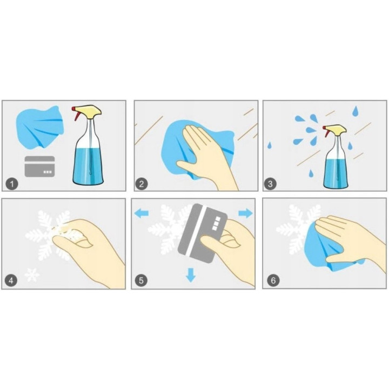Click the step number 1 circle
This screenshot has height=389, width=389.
pyautogui.click(x=12, y=184)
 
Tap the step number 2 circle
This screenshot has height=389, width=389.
pyautogui.click(x=142, y=184)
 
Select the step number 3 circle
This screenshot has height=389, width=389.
pyautogui.click(x=270, y=184)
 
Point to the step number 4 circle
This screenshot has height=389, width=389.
pyautogui.click(x=11, y=281)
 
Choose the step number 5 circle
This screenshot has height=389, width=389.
pyautogui.click(x=141, y=280)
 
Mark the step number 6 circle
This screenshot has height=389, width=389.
pyautogui.click(x=273, y=280)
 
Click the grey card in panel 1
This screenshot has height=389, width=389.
pyautogui.click(x=39, y=166)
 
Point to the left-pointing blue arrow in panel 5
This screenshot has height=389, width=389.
pyautogui.click(x=142, y=213)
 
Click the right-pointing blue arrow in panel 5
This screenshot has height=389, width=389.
pyautogui.click(x=246, y=213)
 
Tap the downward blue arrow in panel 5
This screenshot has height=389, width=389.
pyautogui.click(x=191, y=275)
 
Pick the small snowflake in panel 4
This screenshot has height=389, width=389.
pyautogui.click(x=32, y=274)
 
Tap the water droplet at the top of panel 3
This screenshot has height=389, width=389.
pyautogui.click(x=356, y=111)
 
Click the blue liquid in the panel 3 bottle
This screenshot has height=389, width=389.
pyautogui.click(x=336, y=173)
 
